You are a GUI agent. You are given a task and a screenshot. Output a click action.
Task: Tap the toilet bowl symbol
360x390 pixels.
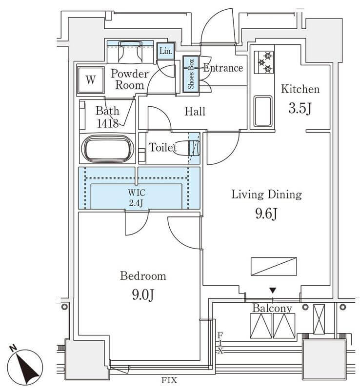(186, 148)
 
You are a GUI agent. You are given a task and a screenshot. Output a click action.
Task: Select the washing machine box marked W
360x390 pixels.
(90, 80)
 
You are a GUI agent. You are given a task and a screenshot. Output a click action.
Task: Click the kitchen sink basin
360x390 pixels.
(262, 111)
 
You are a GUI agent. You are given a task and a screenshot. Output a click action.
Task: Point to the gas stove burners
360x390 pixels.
(264, 62)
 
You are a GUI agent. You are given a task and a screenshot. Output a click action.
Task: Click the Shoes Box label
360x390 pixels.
(191, 74)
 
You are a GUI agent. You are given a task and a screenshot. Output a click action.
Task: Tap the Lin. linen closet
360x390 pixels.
(165, 51)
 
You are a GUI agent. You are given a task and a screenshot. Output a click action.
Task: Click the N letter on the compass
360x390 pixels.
(13, 348)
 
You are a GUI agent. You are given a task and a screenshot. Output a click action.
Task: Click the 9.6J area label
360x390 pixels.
(266, 213)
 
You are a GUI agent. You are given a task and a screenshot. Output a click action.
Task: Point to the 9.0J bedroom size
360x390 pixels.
(143, 295)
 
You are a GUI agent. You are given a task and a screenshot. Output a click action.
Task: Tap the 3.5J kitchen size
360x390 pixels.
(300, 108)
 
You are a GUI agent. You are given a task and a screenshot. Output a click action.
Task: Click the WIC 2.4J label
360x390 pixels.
(137, 198)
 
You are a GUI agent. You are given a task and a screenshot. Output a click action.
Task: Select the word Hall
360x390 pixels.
(195, 111)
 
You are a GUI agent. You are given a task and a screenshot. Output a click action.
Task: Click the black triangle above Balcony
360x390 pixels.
(273, 290)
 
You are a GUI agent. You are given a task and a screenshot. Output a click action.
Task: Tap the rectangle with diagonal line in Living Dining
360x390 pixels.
(274, 266)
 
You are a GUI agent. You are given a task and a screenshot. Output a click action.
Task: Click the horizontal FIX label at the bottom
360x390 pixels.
(169, 380)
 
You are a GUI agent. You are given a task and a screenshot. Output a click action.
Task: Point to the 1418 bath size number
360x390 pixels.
(107, 123)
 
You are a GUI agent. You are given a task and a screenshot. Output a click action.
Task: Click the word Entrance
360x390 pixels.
(223, 68)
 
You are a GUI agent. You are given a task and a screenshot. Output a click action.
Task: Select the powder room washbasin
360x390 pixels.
(130, 52)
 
